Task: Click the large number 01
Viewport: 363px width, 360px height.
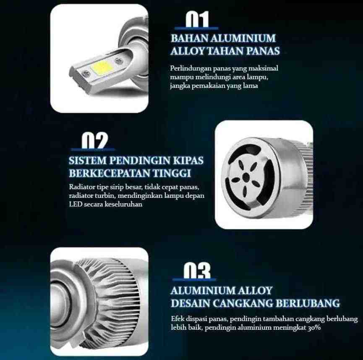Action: [x=197, y=19]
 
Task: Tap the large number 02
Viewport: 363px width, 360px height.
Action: [x=95, y=140]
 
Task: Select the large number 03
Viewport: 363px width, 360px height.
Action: [x=197, y=271]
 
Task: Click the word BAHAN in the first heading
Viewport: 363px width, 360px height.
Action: [x=189, y=38]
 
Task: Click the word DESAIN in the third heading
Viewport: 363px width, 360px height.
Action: [x=190, y=303]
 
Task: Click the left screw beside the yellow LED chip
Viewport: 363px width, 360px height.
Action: [x=86, y=73]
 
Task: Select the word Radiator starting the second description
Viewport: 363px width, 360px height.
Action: [x=82, y=187]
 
